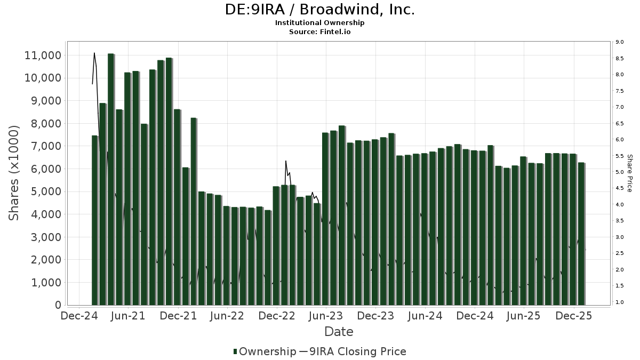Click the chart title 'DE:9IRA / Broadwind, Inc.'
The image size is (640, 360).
click(x=320, y=10)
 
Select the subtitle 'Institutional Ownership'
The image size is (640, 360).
click(x=320, y=23)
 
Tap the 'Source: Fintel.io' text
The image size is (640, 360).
click(x=320, y=31)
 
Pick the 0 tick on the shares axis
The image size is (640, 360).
click(x=58, y=305)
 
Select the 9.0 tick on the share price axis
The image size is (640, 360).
click(x=619, y=42)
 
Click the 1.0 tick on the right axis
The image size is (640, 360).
click(x=619, y=302)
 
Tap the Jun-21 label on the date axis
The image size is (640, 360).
click(x=128, y=316)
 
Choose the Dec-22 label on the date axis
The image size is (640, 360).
click(x=277, y=316)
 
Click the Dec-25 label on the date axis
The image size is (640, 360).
click(x=573, y=316)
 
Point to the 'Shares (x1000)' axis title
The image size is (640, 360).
click(x=14, y=173)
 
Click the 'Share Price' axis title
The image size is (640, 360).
click(x=629, y=173)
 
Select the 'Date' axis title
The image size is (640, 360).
click(x=339, y=332)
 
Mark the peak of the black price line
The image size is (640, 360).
click(x=94, y=53)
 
